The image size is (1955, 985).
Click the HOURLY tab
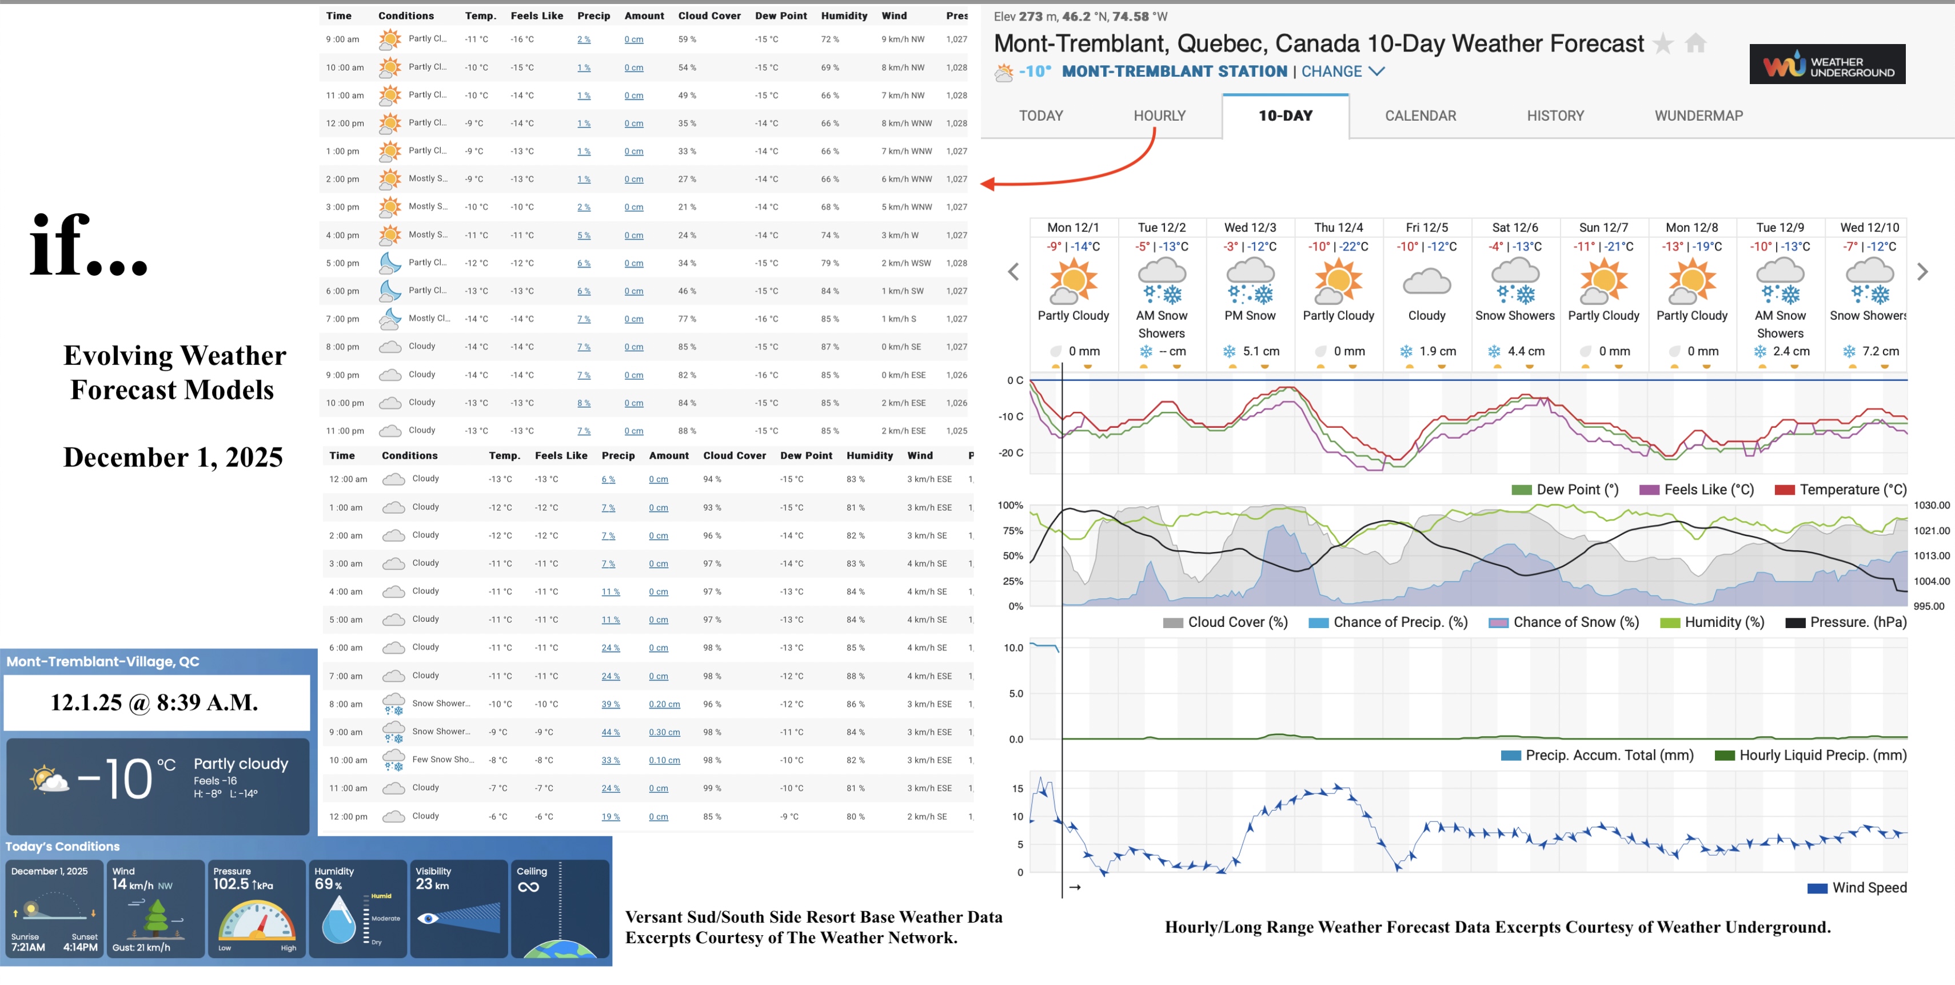coord(1159,116)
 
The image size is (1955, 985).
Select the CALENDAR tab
coord(1420,116)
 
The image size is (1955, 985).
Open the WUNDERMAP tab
coord(1698,116)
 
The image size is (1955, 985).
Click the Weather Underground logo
coord(1827,65)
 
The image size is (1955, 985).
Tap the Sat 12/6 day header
coord(1515,227)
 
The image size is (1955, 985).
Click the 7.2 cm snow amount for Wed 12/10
coord(1880,351)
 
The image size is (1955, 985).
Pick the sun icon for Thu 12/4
coord(1338,281)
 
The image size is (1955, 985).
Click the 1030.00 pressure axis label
coord(1931,505)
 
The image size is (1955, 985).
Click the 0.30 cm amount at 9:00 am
coord(664,732)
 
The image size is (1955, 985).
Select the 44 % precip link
coord(610,732)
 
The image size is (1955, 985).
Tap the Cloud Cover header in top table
coord(709,15)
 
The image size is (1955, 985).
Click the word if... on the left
coord(88,245)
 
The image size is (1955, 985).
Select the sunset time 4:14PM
coord(81,947)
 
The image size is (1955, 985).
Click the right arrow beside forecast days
coord(1922,272)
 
